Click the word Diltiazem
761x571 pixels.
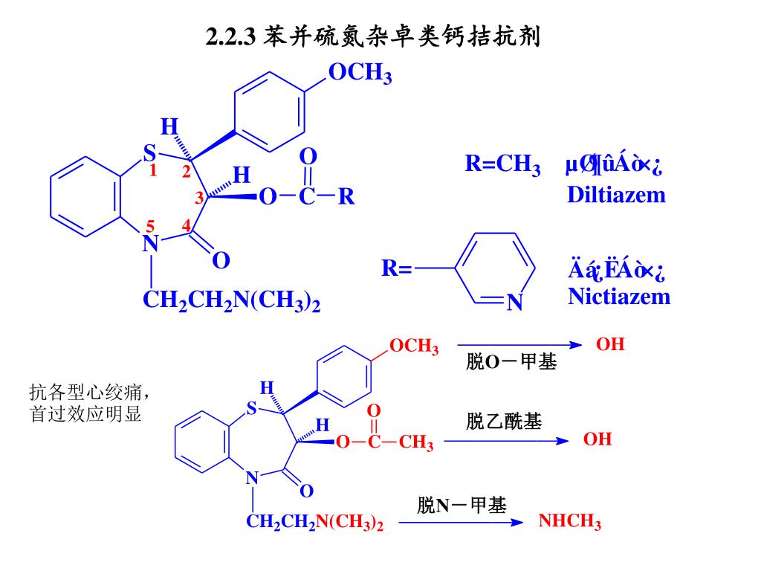(x=616, y=195)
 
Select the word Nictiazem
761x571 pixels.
(x=619, y=297)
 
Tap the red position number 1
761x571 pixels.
(x=153, y=171)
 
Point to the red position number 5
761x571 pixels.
(x=150, y=225)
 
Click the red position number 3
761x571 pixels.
(x=199, y=199)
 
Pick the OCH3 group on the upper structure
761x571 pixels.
(x=360, y=74)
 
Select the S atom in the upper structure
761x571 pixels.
(x=149, y=153)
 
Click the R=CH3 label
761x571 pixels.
(x=502, y=164)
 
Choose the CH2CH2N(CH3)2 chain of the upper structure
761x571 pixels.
(x=231, y=301)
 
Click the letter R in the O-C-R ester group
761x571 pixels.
(x=346, y=198)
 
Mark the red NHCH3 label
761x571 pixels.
(x=570, y=521)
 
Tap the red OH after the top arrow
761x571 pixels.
(x=610, y=345)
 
